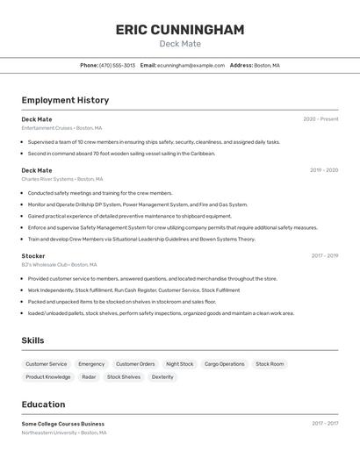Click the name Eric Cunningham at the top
pos(180,30)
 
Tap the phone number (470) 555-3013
pos(117,65)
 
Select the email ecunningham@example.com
pos(191,65)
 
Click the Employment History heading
pos(65,100)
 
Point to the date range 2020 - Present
pos(320,119)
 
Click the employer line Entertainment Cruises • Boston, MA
pos(61,128)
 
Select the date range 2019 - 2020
pos(323,170)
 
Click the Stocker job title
pos(33,255)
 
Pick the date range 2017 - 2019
pos(324,255)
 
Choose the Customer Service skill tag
pos(46,364)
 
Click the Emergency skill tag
pos(91,364)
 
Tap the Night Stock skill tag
pos(179,364)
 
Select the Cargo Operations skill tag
pos(225,364)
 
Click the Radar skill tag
pos(89,377)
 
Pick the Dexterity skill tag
pos(162,377)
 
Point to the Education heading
pos(43,404)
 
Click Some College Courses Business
pos(62,424)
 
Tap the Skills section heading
pos(32,340)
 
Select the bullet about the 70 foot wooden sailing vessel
pos(121,154)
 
